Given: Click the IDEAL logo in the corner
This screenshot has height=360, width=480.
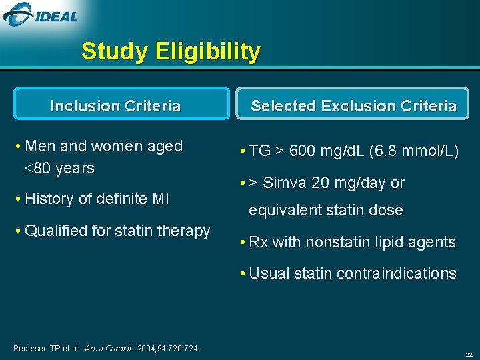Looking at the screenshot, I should tap(41, 14).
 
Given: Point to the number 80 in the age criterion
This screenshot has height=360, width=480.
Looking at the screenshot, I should tap(43, 168).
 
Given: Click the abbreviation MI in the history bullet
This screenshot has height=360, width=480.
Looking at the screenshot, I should tap(159, 199).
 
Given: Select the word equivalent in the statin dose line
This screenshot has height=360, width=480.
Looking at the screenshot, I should tap(285, 211).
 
